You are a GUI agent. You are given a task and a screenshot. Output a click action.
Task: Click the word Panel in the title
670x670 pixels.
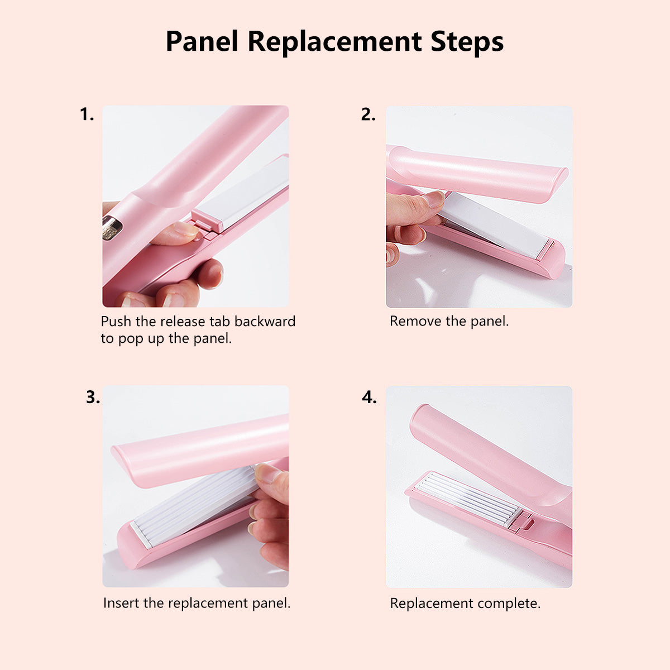coord(202,41)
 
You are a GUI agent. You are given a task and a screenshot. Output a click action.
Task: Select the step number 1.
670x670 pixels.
coord(87,114)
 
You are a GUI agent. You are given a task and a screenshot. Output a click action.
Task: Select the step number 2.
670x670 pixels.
coord(368,114)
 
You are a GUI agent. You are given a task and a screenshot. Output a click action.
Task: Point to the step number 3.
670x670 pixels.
coord(93,397)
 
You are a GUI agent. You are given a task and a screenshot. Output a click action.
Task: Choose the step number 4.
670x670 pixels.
coord(369,397)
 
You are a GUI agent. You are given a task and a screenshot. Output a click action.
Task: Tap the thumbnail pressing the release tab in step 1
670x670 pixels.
coord(185,228)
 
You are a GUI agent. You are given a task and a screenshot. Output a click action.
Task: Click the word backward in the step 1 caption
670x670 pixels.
coord(265,321)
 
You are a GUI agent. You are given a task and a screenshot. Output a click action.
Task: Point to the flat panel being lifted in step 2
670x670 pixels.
coord(494,224)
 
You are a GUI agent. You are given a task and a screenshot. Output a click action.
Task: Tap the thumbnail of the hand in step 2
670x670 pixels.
coord(433,199)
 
